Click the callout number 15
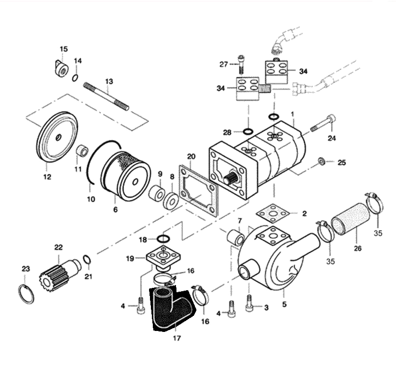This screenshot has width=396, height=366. click(x=64, y=49)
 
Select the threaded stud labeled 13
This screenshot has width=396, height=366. click(x=106, y=97)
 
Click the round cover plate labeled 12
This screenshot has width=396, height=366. click(x=57, y=137)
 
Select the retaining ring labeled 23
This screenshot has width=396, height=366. click(x=26, y=294)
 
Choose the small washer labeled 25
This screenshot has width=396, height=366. click(x=322, y=161)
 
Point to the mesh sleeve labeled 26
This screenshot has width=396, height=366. click(x=350, y=219)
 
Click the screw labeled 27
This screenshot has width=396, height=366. click(x=241, y=64)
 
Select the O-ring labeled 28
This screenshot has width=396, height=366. click(x=248, y=132)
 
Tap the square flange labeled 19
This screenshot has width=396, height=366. click(x=163, y=257)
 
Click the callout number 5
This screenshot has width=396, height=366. click(x=284, y=304)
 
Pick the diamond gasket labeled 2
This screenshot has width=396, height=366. click(x=273, y=214)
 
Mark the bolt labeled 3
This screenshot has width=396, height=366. click(x=249, y=304)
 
